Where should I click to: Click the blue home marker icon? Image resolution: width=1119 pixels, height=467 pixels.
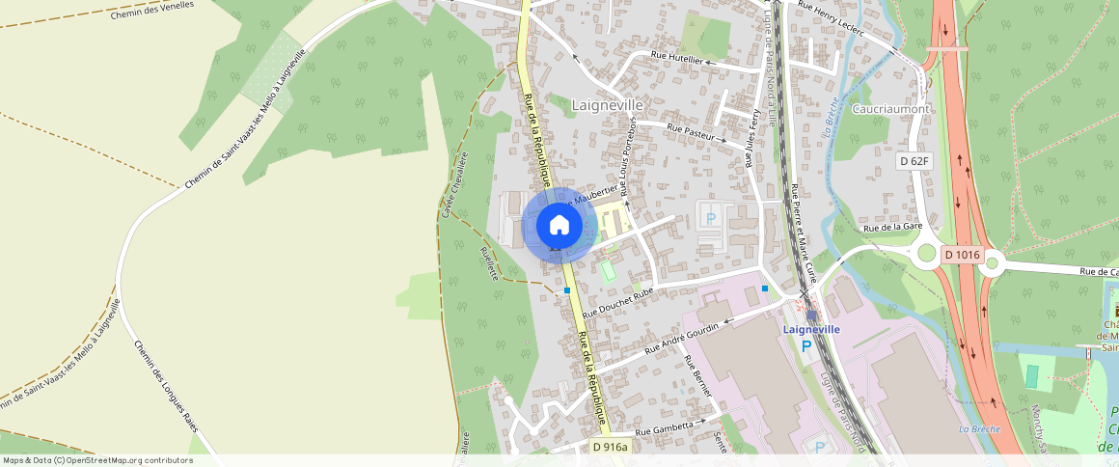[559, 226]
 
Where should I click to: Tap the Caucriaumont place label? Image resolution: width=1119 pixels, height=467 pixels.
[891, 109]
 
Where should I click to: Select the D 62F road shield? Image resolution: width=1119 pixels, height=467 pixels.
[914, 161]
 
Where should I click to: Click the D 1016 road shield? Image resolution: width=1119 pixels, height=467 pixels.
[962, 255]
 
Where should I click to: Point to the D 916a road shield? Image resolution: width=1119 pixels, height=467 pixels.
[610, 447]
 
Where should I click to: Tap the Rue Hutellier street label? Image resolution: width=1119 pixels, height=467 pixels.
[678, 59]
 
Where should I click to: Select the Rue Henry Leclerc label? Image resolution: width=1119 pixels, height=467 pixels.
[831, 18]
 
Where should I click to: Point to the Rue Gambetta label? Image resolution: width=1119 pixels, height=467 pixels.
[665, 426]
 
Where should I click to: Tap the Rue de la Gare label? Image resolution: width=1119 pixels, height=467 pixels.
[893, 227]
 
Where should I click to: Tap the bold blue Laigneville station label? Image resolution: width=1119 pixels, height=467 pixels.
[811, 329]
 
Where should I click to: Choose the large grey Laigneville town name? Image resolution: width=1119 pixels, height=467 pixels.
[607, 104]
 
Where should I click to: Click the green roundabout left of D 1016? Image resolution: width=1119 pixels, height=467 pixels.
[927, 253]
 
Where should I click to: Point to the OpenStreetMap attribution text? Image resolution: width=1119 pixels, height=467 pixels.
[97, 460]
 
